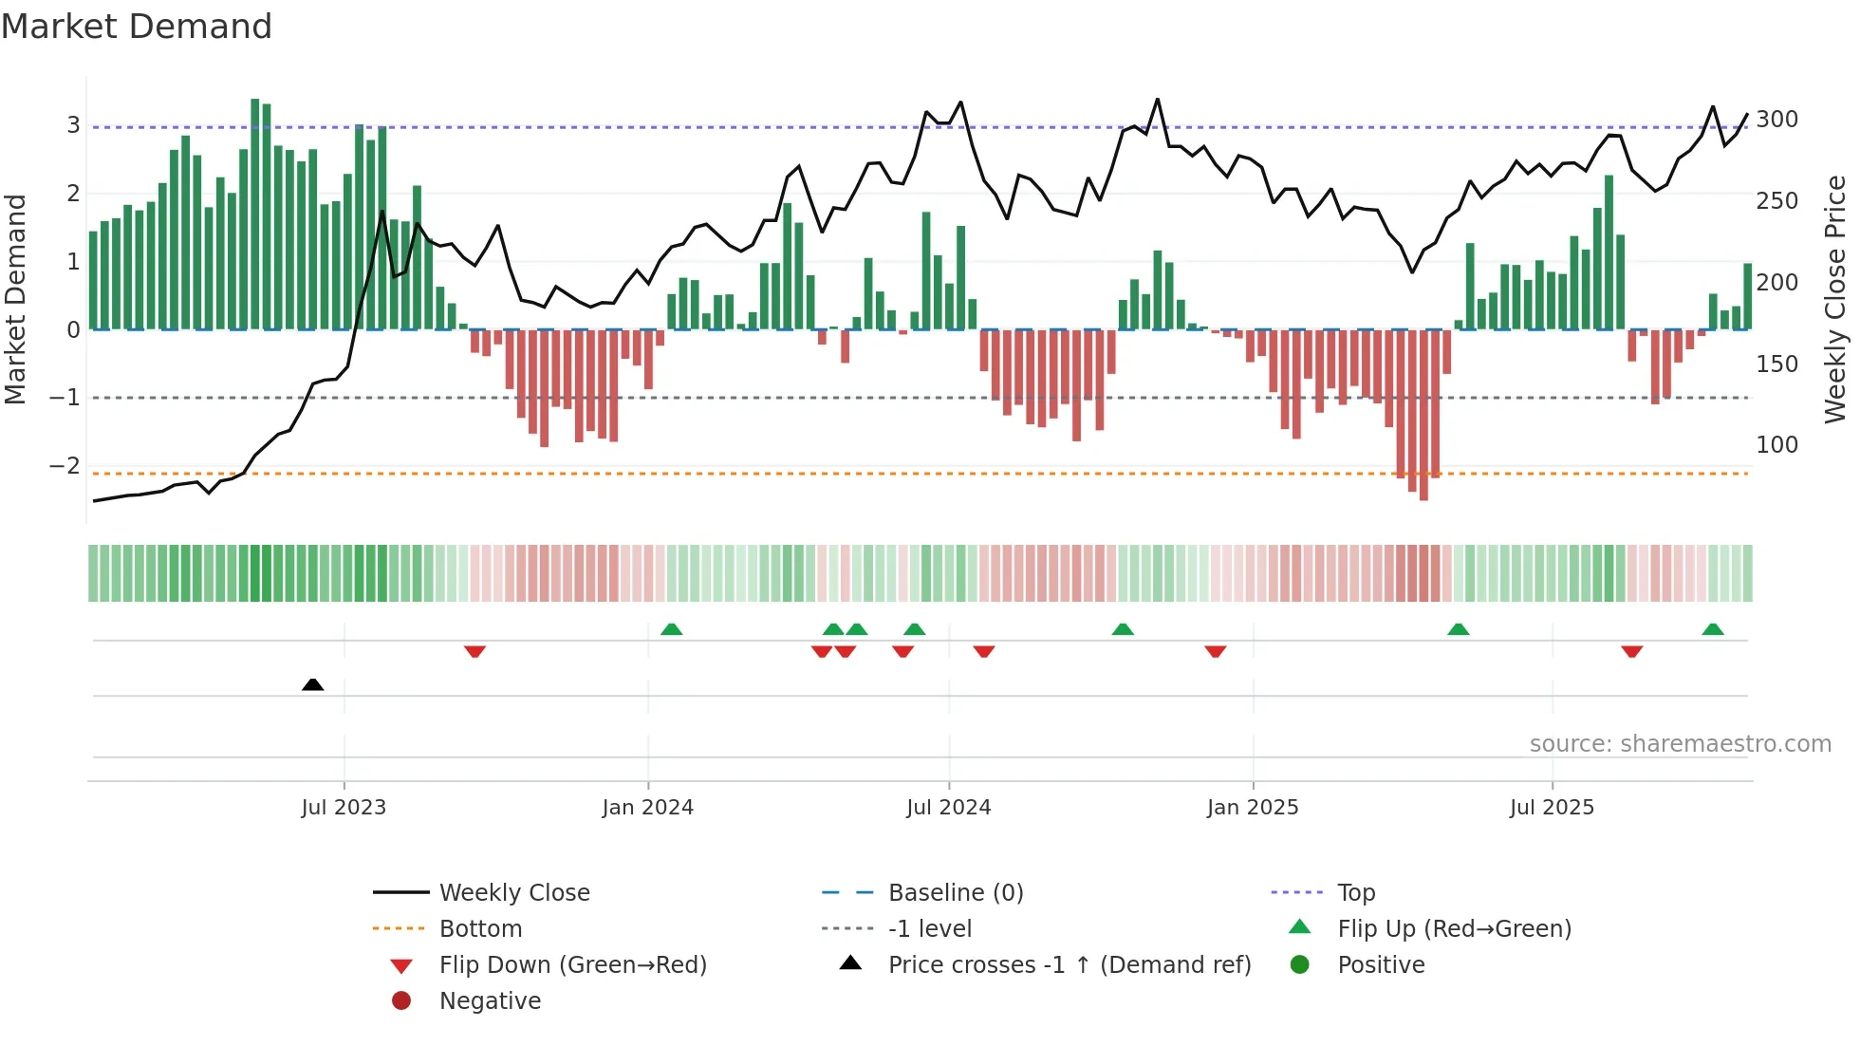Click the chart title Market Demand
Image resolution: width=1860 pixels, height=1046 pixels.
137,27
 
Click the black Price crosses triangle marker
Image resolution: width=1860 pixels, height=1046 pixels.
312,684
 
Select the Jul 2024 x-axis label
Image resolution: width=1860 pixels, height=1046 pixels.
948,808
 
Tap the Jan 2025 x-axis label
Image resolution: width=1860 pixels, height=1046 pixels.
1252,808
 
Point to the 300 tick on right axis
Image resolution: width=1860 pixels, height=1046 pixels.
1776,120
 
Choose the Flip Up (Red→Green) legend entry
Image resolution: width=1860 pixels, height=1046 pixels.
1453,929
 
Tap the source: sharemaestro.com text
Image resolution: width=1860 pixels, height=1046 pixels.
1680,744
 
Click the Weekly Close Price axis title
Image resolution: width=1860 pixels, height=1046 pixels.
1835,299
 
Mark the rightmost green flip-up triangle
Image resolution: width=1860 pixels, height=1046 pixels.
1713,629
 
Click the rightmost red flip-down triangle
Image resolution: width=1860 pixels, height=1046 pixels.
1631,651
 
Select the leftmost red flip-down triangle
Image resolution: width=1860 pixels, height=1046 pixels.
474,651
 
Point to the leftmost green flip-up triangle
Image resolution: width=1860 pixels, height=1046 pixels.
671,629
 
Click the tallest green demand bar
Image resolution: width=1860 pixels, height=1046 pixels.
255,214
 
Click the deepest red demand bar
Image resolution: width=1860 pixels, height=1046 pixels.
1423,415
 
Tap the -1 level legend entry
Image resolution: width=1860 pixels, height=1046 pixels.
929,929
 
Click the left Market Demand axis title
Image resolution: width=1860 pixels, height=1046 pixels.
16,299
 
